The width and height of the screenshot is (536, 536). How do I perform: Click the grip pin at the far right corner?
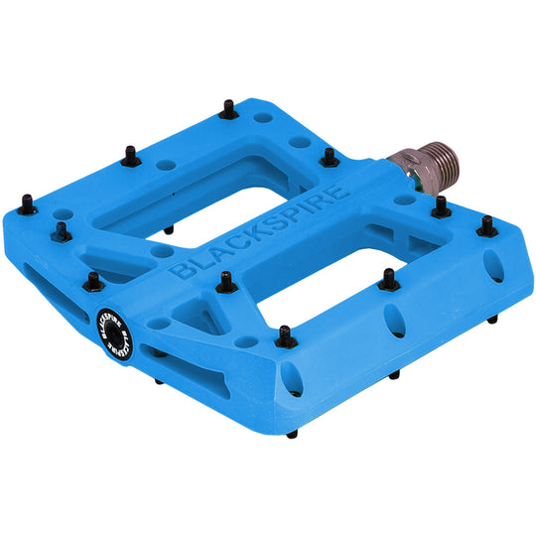tap(486, 227)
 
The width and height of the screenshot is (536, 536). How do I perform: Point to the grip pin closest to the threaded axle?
tap(328, 156)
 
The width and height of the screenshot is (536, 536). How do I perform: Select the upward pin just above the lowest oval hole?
tap(286, 337)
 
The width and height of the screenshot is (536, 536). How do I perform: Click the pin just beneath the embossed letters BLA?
tap(221, 289)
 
